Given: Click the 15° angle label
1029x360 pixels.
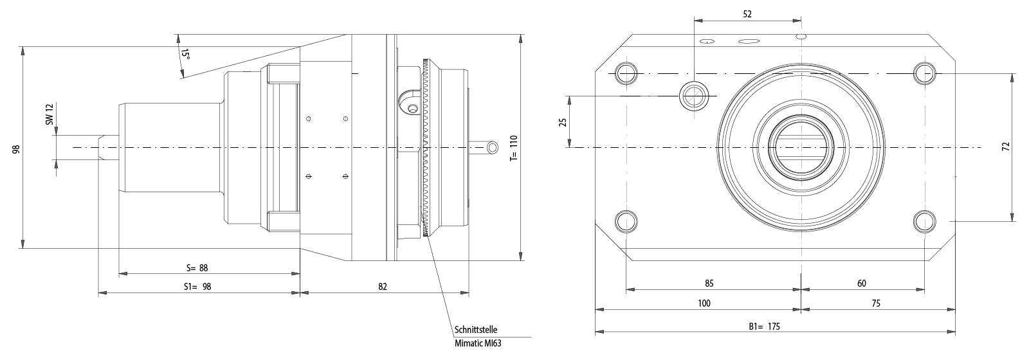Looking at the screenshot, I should click(185, 55).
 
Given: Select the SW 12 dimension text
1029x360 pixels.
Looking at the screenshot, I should click(49, 116).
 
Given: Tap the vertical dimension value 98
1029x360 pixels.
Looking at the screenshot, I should click(16, 149).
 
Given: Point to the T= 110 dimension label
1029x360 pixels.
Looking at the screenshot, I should click(513, 148).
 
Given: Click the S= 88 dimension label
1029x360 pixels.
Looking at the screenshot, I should click(197, 267).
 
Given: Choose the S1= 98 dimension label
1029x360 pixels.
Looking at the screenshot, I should click(197, 287).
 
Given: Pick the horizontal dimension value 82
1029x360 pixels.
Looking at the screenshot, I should click(383, 287).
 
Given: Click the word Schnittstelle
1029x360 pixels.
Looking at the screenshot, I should click(475, 329).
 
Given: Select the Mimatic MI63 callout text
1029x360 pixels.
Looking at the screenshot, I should click(477, 343).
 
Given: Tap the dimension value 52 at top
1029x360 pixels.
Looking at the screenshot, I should click(747, 13).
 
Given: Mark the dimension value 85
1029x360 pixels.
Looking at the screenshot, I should click(709, 283).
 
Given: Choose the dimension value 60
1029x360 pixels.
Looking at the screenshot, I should click(862, 283).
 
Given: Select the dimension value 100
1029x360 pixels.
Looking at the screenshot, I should click(704, 303).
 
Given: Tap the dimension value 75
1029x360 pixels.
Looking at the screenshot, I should click(875, 303).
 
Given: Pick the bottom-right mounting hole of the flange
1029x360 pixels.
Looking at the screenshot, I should click(925, 221).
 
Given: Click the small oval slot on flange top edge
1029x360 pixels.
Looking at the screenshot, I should click(749, 42).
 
